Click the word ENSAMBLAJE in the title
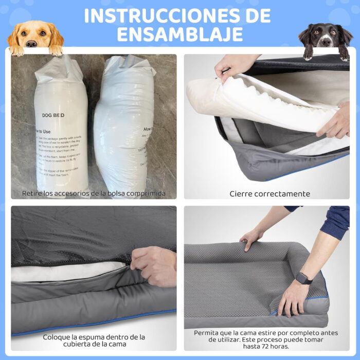tap(179, 34)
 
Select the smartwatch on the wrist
tap(303, 278)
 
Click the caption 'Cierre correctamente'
tap(269, 194)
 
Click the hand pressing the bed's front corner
tap(293, 298)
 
